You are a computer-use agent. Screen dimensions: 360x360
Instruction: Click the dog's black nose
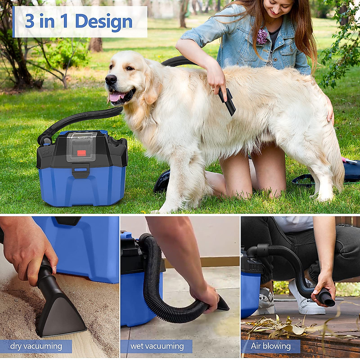(111, 79)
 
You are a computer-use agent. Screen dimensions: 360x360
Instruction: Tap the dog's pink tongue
(115, 97)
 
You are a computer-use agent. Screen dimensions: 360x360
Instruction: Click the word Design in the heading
(103, 22)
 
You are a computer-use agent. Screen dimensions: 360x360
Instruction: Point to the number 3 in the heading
(29, 22)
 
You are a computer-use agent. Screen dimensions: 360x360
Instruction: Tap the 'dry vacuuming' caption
(36, 346)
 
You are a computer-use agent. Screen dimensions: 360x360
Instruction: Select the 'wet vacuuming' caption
(157, 346)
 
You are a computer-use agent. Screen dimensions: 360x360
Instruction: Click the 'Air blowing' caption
(271, 346)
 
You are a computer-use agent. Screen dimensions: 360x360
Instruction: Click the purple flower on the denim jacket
(262, 37)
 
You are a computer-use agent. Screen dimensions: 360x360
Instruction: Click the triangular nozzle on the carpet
(60, 315)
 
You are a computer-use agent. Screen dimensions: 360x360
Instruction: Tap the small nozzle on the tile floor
(223, 303)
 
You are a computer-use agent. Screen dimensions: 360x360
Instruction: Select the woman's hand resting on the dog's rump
(329, 111)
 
